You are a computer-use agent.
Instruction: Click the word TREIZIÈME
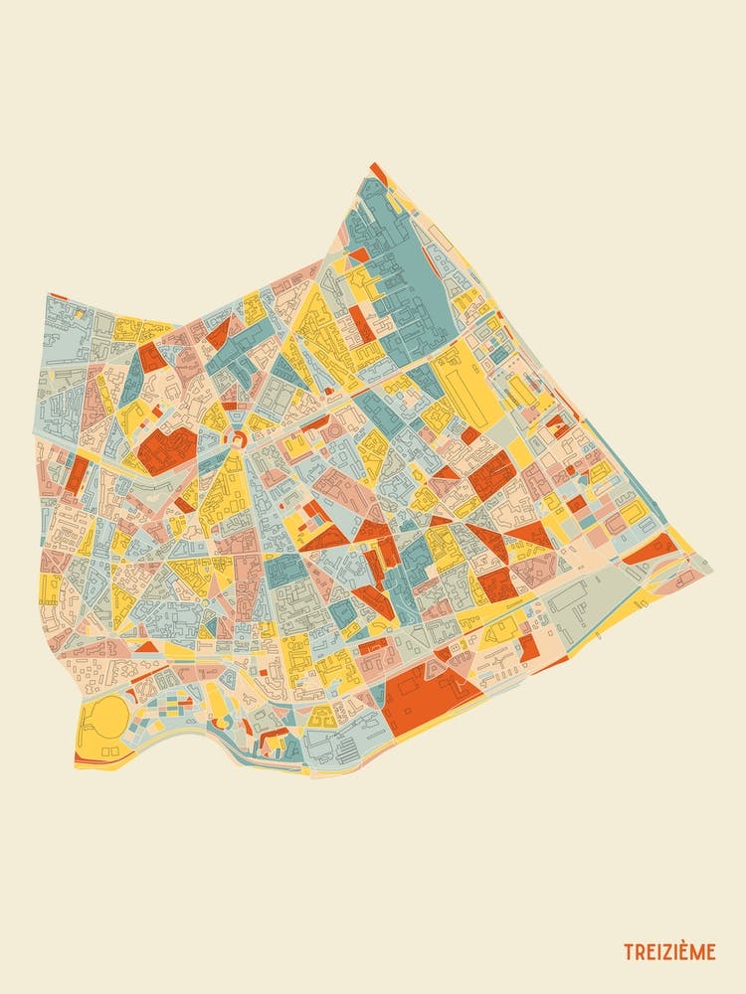[668, 952]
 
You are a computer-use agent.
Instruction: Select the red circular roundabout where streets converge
[238, 438]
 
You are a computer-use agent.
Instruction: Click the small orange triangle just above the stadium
[146, 647]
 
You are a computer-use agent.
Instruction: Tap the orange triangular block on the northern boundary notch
[221, 332]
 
